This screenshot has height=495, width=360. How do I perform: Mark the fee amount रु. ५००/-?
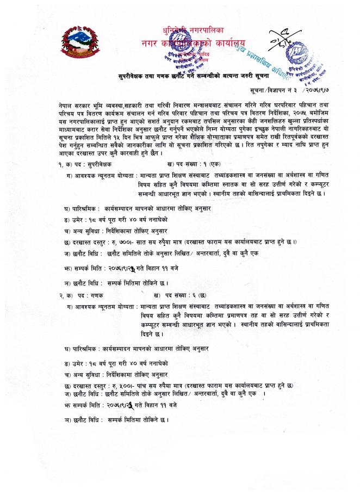(x=121, y=385)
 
